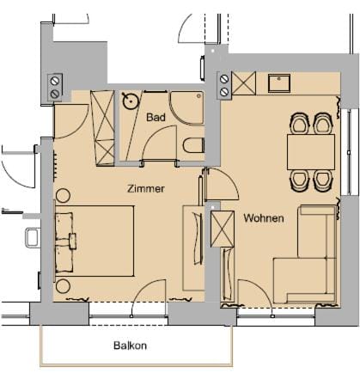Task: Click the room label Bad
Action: click(x=156, y=117)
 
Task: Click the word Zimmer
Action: click(x=146, y=188)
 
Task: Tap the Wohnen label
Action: click(x=263, y=218)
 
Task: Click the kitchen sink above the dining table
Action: click(x=280, y=83)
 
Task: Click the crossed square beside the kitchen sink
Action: click(x=244, y=84)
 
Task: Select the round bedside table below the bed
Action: click(x=63, y=286)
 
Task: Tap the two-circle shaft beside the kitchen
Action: click(x=225, y=84)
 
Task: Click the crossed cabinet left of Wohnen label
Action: click(x=222, y=229)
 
